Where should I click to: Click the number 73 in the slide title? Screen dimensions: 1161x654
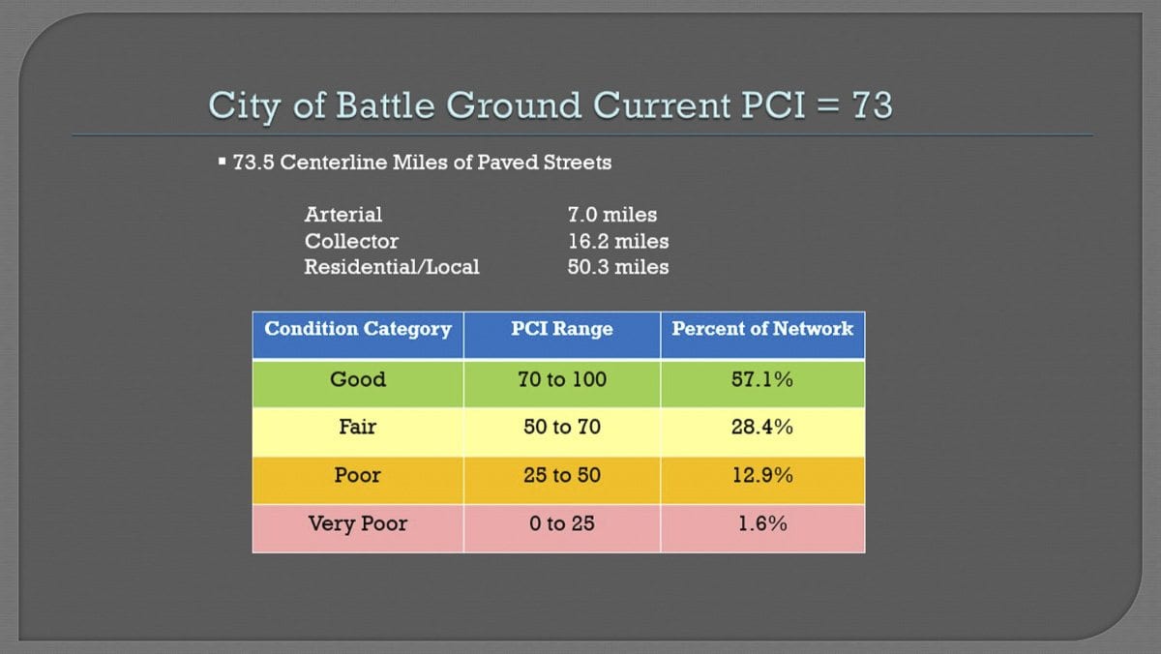click(873, 105)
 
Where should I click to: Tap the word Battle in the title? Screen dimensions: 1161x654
click(385, 105)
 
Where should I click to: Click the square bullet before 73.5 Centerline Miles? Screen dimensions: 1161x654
click(222, 162)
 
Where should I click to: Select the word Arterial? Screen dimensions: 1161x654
click(343, 215)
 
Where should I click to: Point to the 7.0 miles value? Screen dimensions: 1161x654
click(612, 215)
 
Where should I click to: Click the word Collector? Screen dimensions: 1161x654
click(351, 241)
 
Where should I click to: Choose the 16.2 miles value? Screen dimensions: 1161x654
click(618, 241)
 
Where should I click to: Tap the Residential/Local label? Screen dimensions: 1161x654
click(392, 267)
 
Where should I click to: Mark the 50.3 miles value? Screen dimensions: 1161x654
click(618, 267)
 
